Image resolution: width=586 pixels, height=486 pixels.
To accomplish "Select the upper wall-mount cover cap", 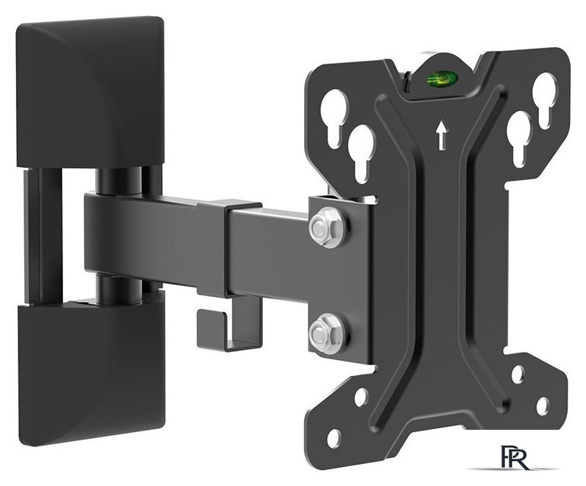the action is tap(90, 92).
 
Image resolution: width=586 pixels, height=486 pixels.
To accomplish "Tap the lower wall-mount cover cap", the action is tap(91, 368).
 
